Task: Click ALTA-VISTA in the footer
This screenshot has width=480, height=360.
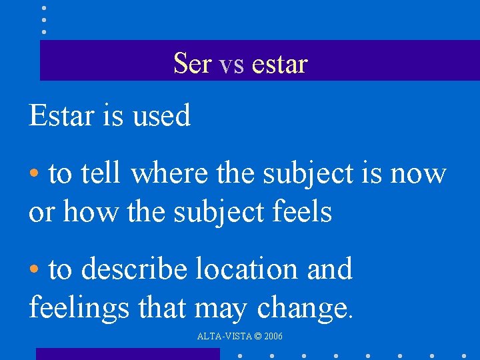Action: tap(223, 337)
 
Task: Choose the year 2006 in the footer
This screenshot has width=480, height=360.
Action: tap(273, 337)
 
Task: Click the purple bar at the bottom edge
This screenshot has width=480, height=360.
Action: tap(127, 354)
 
